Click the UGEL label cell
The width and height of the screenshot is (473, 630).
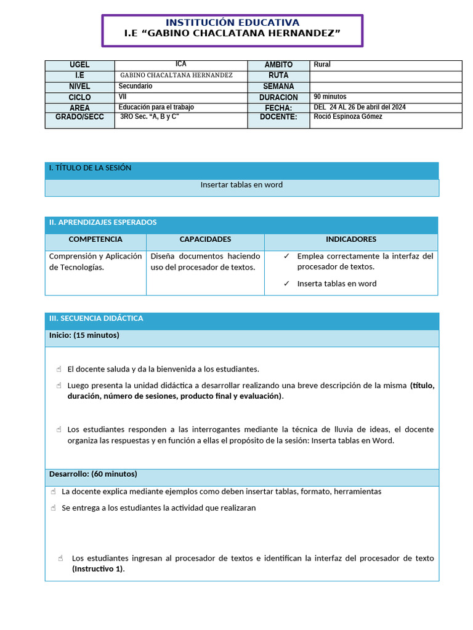79,65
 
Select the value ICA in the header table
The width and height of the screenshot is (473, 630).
180,64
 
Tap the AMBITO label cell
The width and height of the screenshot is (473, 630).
278,65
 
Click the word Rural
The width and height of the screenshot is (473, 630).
322,65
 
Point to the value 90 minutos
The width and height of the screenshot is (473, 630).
330,97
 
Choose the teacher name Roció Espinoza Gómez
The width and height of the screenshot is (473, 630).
348,117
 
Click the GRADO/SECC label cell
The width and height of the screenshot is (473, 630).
79,117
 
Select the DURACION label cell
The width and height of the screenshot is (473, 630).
278,97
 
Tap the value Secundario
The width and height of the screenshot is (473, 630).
135,86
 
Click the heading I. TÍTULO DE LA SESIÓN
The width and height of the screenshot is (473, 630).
90,168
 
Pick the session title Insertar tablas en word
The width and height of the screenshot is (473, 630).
241,185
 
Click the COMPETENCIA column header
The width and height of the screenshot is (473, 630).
95,239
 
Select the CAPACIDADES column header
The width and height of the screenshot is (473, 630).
205,239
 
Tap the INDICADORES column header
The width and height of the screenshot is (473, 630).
351,239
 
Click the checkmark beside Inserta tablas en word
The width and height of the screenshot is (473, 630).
286,284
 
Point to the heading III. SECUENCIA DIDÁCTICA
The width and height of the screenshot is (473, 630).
96,318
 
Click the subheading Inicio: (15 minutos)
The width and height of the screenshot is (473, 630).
84,335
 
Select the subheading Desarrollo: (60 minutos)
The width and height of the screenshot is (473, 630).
93,474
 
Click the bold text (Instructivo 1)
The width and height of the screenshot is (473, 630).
98,569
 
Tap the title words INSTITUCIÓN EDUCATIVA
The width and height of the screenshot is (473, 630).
232,23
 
